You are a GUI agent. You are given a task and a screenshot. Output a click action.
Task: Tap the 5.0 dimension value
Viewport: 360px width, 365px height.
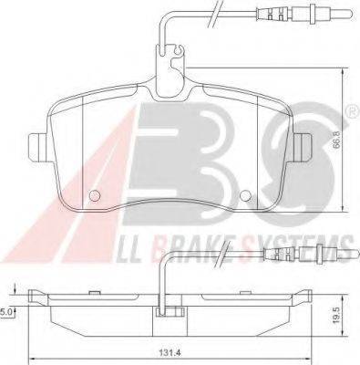[6, 311]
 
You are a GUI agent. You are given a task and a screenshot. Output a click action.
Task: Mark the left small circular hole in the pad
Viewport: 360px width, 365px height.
[98, 194]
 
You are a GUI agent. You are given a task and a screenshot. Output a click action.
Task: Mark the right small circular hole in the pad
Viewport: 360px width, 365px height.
[243, 193]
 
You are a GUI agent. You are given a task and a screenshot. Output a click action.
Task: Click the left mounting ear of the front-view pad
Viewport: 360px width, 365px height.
[38, 145]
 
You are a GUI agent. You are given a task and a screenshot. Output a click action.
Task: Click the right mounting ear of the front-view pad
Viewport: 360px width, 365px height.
[303, 144]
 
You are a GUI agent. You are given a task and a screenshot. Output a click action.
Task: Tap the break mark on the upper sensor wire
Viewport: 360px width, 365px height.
[214, 13]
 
